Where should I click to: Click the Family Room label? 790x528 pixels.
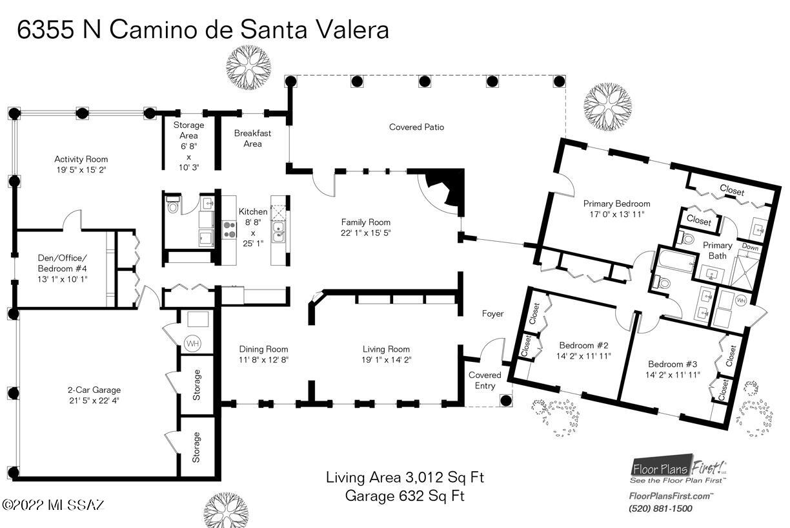(x=366, y=222)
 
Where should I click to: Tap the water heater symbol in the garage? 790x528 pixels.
(x=192, y=343)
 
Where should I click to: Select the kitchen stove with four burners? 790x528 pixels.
(x=229, y=230)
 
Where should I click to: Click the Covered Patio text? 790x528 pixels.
(x=416, y=127)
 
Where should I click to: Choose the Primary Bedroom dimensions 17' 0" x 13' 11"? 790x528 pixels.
(x=617, y=214)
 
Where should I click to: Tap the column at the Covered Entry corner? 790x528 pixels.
(x=506, y=401)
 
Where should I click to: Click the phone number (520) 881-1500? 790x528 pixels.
(x=660, y=508)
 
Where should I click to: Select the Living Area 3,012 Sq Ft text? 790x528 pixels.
(x=405, y=477)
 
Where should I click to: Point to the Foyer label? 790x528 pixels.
(x=492, y=313)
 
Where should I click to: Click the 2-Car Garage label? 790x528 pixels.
(x=94, y=390)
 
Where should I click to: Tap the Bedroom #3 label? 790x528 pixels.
(x=673, y=364)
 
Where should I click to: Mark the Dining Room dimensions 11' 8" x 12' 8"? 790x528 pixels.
(x=263, y=359)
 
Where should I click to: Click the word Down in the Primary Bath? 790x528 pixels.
(x=750, y=247)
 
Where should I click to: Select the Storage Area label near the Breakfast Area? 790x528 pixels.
(x=188, y=130)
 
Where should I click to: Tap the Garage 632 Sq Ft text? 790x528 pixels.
(x=405, y=496)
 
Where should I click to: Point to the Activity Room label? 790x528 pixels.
(x=81, y=159)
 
